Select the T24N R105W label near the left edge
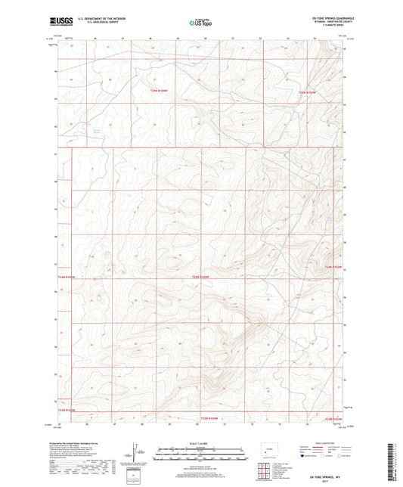[x=67, y=278]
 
